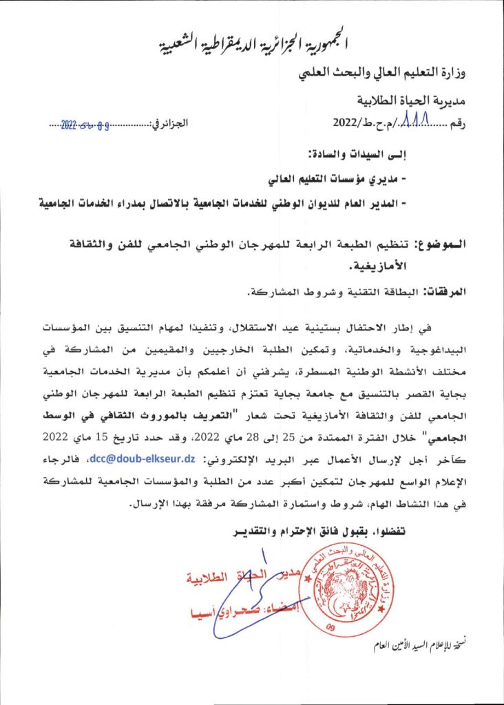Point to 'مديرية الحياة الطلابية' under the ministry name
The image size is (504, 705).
tap(412, 100)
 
